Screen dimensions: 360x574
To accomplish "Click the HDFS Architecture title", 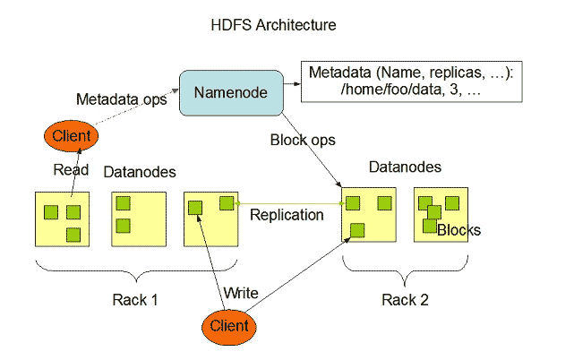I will [272, 25].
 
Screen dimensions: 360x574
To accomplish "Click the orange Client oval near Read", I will [71, 137].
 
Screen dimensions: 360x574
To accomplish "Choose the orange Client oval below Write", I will [229, 326].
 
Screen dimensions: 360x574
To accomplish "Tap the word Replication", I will [287, 215].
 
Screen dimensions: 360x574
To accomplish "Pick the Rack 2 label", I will [405, 299].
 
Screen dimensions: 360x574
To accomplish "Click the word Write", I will [241, 293].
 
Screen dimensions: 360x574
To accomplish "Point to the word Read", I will [71, 170].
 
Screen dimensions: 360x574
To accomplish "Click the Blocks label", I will [458, 230].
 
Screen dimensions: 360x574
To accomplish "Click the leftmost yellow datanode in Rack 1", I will [61, 218].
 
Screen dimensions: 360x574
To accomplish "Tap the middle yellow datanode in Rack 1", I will [136, 218].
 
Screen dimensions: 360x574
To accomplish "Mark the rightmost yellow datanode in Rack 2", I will [440, 215].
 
